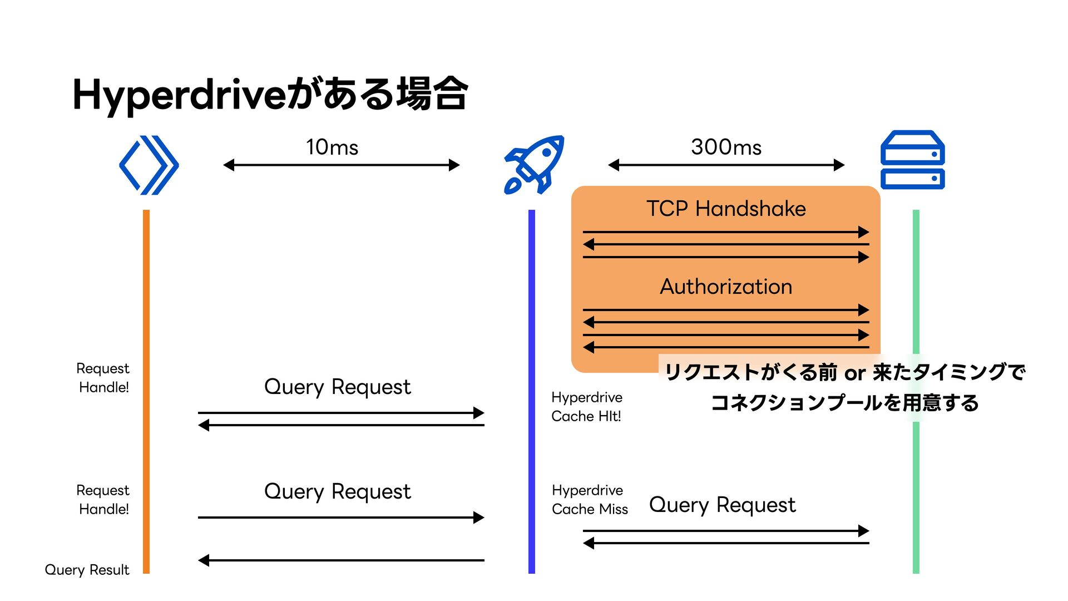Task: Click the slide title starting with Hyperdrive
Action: [270, 95]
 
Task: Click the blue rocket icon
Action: [534, 165]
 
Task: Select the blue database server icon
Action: [912, 160]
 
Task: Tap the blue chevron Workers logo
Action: [149, 165]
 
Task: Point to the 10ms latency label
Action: [332, 147]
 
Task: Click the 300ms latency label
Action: [726, 147]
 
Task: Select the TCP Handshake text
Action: [726, 209]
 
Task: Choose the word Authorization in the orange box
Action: [726, 287]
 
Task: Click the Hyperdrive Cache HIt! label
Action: [587, 407]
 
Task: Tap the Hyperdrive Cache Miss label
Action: [590, 500]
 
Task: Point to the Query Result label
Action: [87, 570]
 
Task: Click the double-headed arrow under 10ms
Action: [342, 165]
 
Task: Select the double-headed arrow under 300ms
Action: [726, 165]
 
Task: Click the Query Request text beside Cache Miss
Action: [722, 505]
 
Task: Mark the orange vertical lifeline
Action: [146, 391]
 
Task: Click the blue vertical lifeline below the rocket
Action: [532, 391]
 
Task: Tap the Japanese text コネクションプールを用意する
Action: [844, 402]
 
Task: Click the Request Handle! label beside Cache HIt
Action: [103, 378]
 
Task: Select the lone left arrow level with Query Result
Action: [341, 560]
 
